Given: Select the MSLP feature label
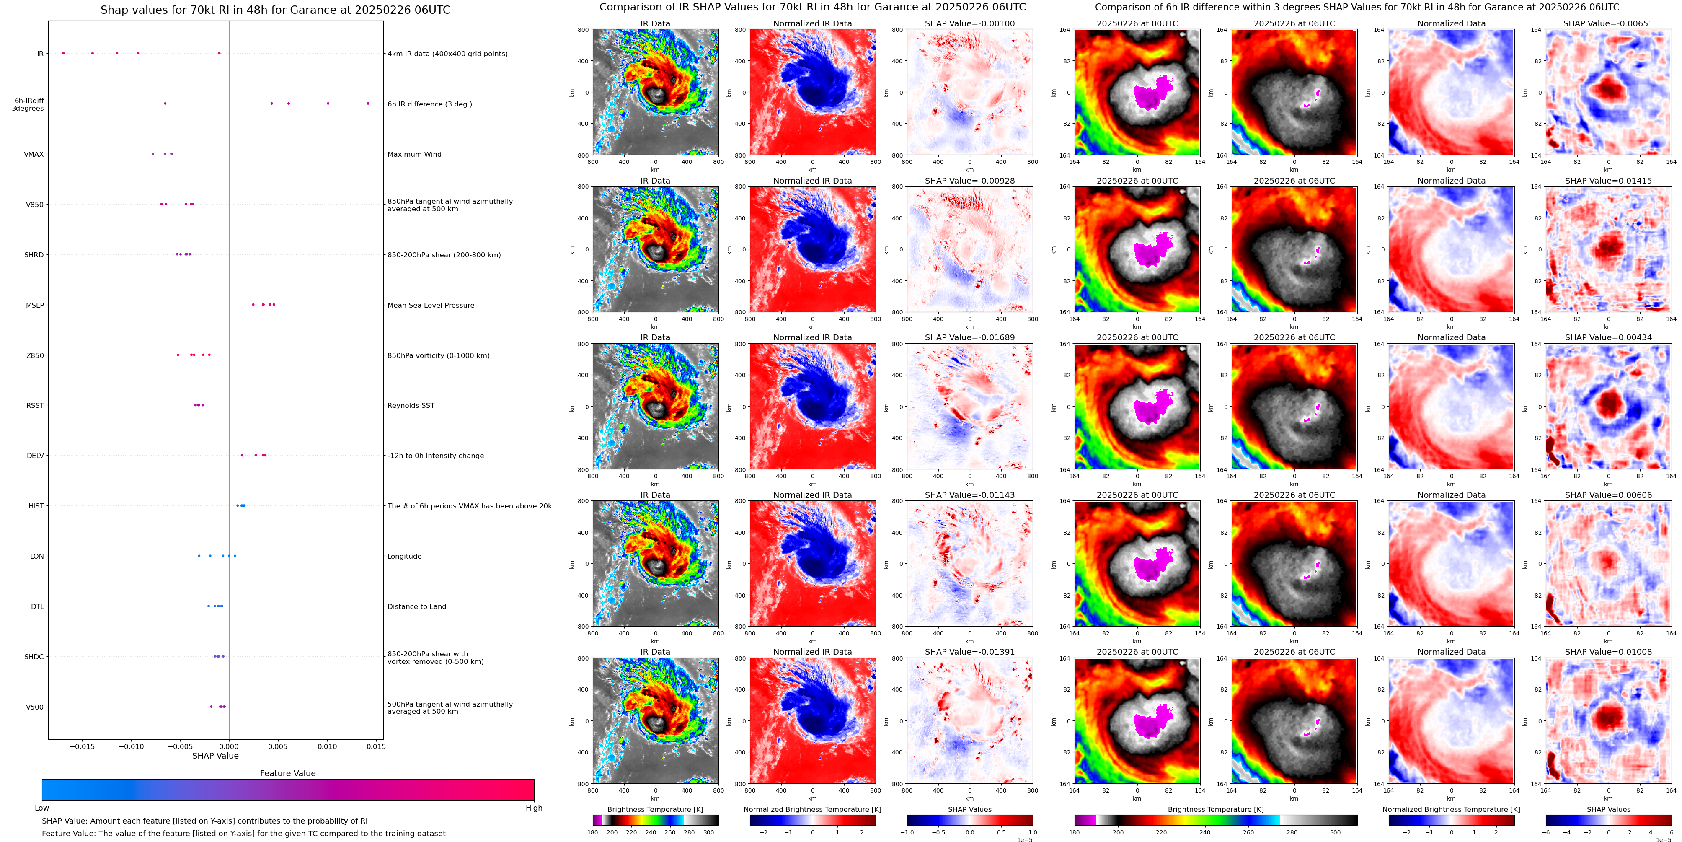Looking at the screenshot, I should coord(35,305).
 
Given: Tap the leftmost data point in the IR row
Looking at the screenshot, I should coord(63,53).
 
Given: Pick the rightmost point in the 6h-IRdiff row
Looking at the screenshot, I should coord(368,103).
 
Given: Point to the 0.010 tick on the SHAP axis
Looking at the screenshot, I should coord(327,746).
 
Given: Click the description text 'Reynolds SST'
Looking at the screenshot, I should coord(411,406).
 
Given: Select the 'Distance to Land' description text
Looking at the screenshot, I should coord(416,607).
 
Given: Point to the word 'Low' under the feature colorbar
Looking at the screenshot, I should coord(42,808).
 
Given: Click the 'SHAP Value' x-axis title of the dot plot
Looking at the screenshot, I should coord(215,756).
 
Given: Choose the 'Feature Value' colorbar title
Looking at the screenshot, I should coord(287,773).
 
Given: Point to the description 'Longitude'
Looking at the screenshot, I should coord(404,557).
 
